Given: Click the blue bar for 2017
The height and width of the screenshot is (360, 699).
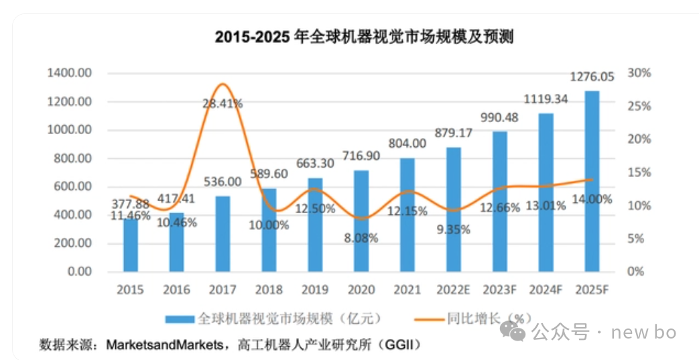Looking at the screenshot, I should pos(223,234).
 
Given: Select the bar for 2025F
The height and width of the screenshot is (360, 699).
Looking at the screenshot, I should pos(592,181).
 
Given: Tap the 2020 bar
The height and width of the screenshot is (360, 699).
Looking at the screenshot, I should pos(361,221).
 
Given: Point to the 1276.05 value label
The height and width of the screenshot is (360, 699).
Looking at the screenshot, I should pos(592,77).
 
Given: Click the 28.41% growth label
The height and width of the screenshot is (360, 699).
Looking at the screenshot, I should pos(223,104).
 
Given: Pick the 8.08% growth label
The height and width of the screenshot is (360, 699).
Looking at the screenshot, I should pos(362,238).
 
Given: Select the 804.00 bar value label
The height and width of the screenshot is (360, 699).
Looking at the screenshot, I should pos(407,143).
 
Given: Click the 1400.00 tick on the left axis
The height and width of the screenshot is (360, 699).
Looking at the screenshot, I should pos(69,73).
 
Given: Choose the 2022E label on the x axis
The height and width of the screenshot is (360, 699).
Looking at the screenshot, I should pos(453,290).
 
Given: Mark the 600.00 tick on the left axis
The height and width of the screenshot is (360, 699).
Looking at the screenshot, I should pos(69,187).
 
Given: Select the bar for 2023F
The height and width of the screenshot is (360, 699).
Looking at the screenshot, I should pos(500,201).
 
